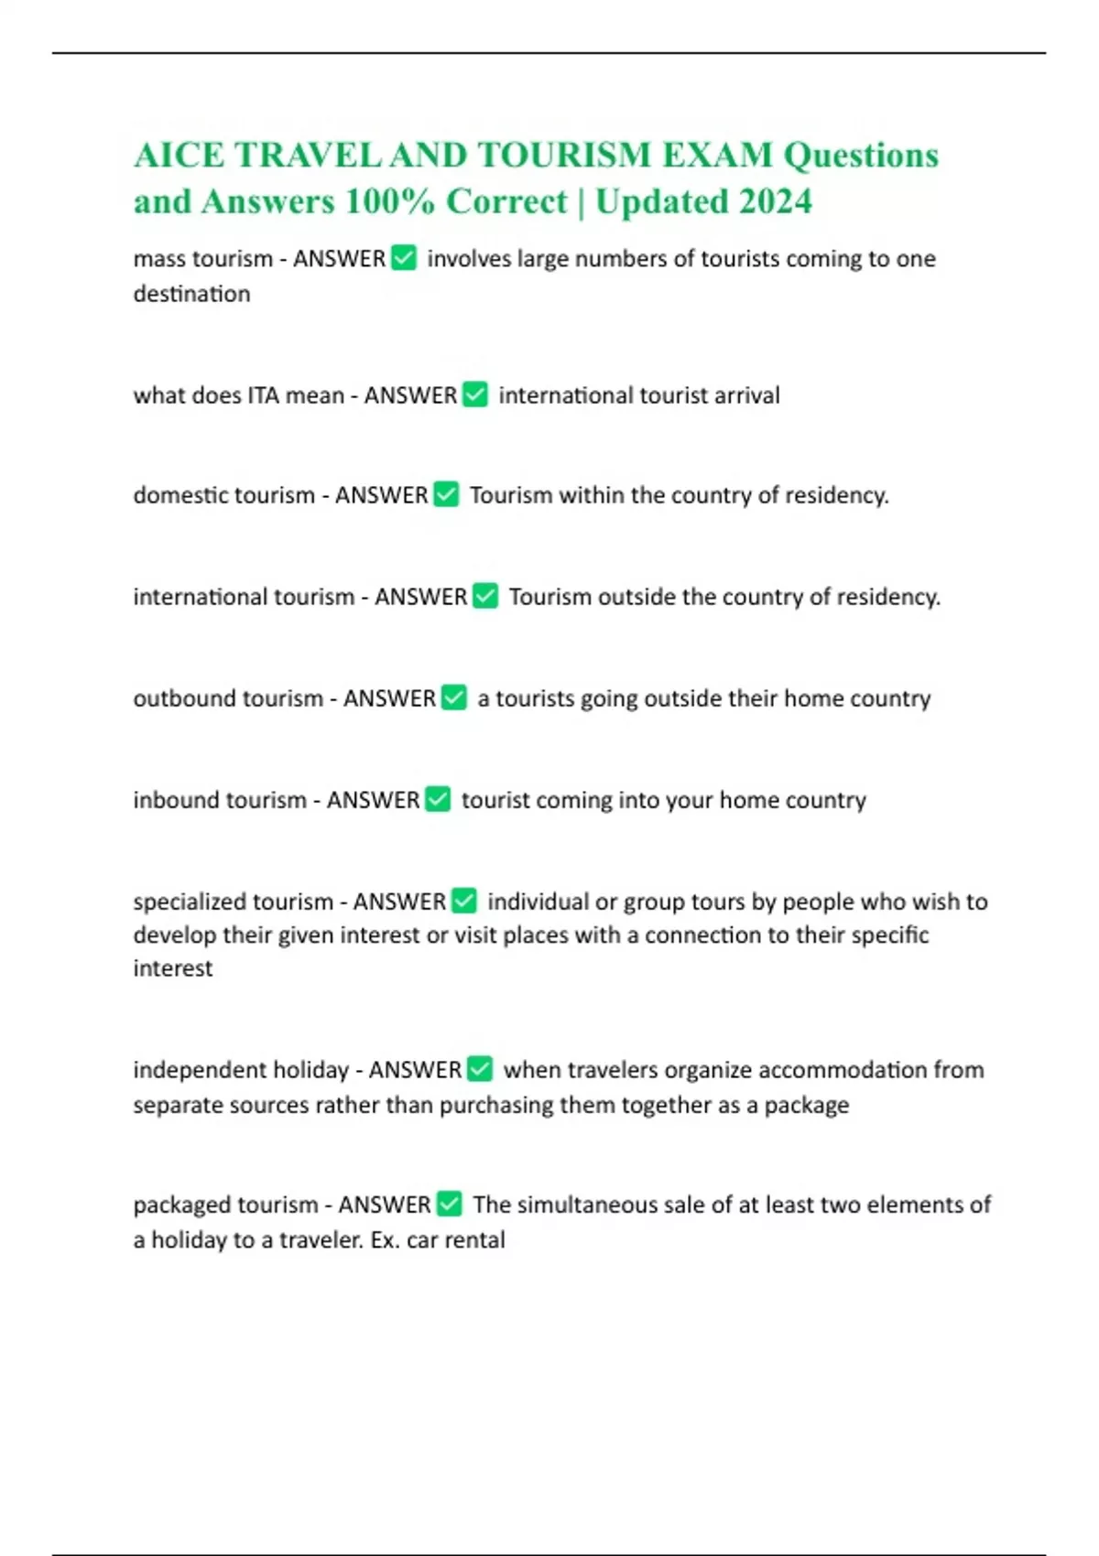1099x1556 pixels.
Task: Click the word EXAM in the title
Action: pyautogui.click(x=717, y=156)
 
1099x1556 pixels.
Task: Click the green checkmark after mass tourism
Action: pyautogui.click(x=404, y=259)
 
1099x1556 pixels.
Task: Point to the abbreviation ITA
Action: pyautogui.click(x=263, y=395)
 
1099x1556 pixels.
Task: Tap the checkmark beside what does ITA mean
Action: pyautogui.click(x=475, y=394)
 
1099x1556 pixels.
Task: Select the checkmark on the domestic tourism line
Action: pyautogui.click(x=446, y=494)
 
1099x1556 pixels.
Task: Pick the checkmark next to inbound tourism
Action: pyautogui.click(x=438, y=799)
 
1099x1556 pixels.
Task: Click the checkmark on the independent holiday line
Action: pyautogui.click(x=480, y=1069)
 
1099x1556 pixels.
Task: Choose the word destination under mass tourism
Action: pyautogui.click(x=191, y=294)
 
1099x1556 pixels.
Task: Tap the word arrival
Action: pyautogui.click(x=748, y=395)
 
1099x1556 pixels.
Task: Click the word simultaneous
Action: pyautogui.click(x=587, y=1205)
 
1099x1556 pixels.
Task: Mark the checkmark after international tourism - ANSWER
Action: pyautogui.click(x=485, y=596)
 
